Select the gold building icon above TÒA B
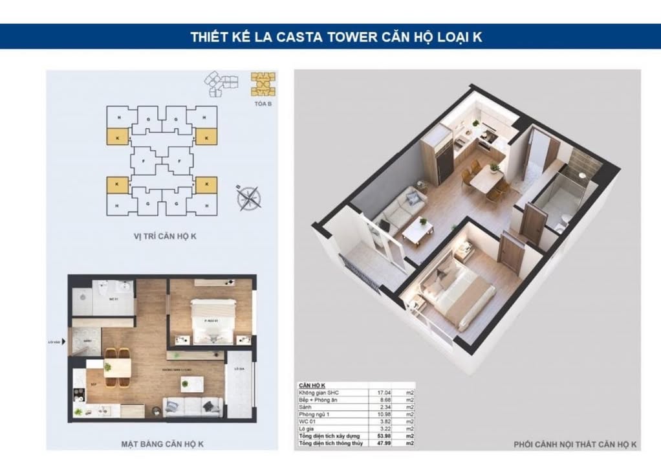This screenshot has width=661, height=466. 263,84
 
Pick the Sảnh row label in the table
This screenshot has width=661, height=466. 306,407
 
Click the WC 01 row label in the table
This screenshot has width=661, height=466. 307,421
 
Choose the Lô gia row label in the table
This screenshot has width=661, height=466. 307,428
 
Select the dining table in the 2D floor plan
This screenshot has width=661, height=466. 117,367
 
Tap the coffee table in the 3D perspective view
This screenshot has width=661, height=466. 417,229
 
